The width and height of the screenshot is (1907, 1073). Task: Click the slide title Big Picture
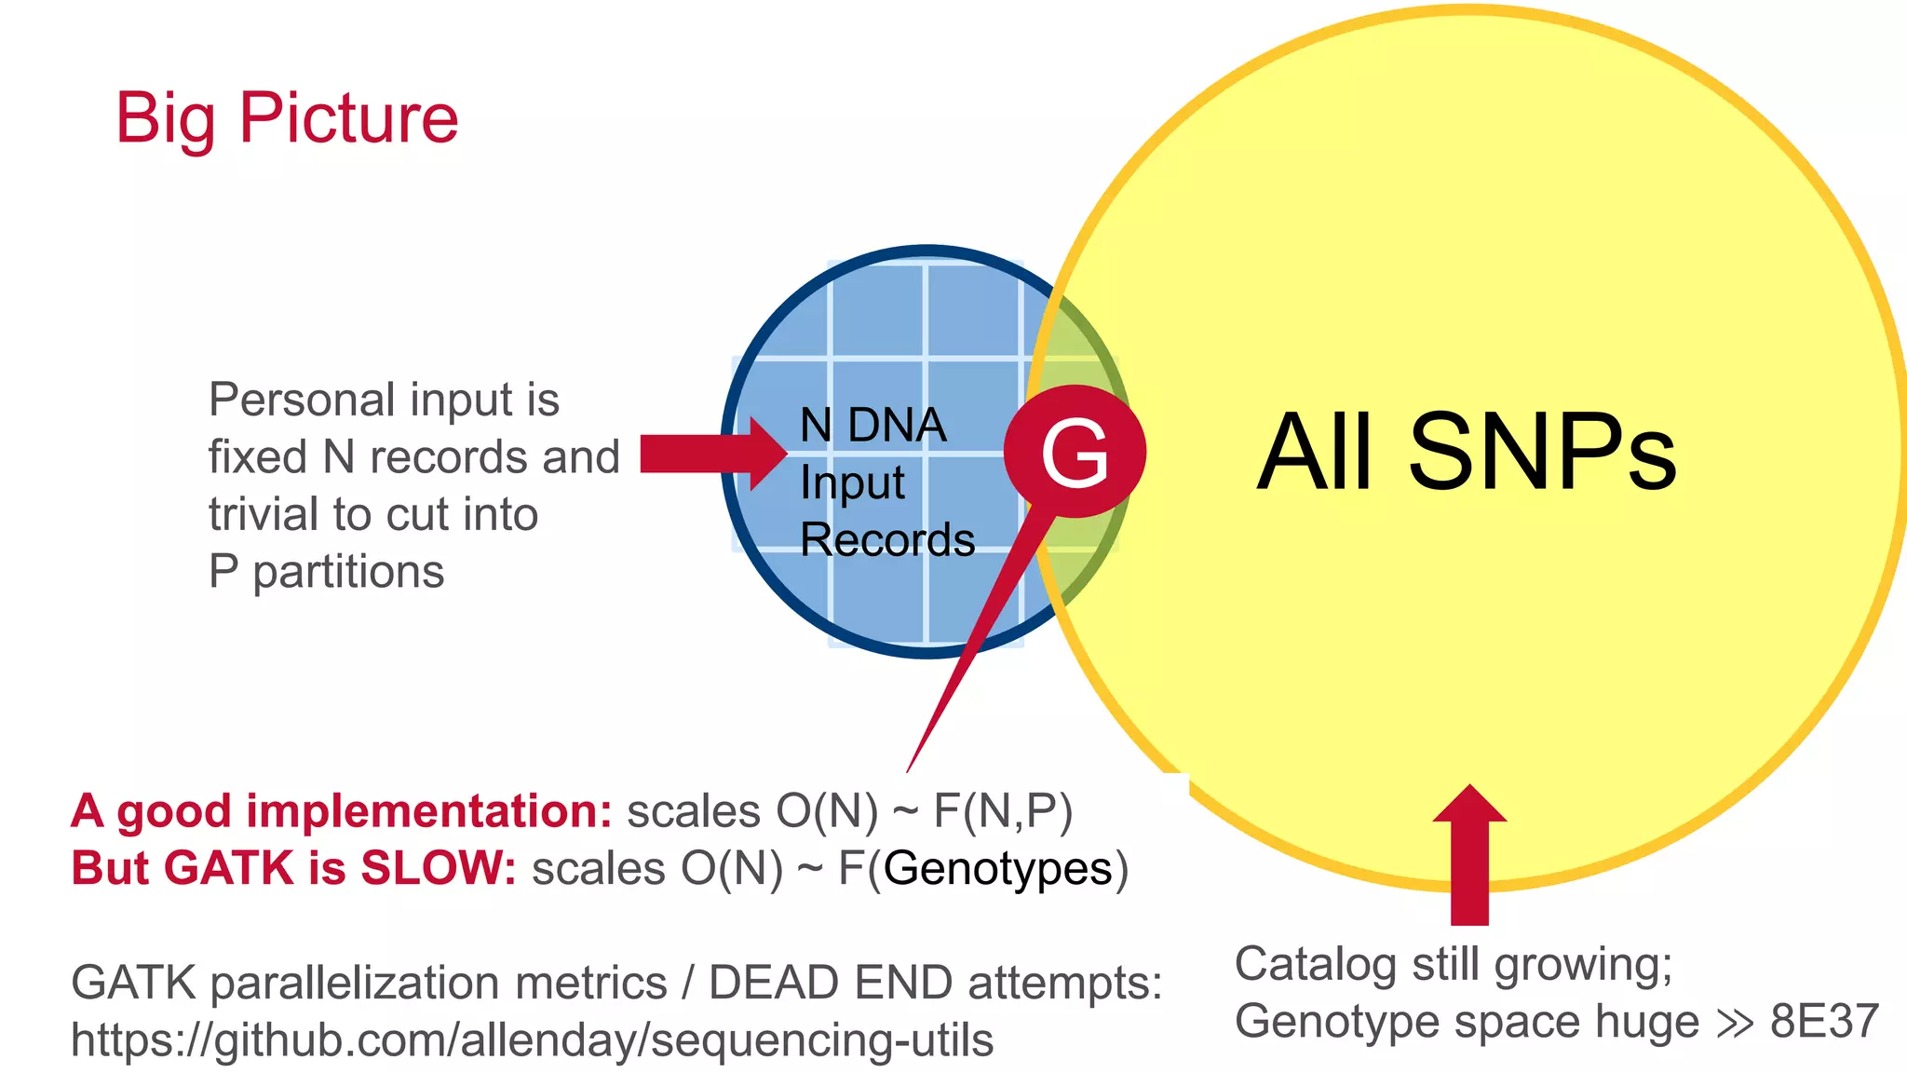286,118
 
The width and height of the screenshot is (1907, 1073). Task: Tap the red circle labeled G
1075,452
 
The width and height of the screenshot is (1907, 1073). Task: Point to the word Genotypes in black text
997,868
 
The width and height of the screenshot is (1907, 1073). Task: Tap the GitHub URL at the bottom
532,1039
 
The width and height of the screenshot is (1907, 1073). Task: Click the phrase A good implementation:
342,810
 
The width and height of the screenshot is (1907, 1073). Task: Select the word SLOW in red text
438,868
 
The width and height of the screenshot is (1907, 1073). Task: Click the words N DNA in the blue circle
872,426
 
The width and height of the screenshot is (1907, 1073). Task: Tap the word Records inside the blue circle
887,539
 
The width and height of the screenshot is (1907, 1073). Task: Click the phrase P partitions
326,571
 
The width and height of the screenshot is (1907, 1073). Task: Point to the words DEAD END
830,983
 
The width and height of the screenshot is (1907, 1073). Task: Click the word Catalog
1316,965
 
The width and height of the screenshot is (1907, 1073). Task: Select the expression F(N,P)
1002,810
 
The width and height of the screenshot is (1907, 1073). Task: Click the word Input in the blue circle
852,482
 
